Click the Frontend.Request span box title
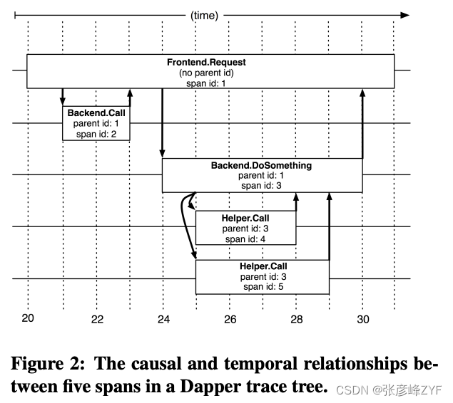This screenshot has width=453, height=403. pos(211,63)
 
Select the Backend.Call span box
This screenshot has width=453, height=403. pos(96,123)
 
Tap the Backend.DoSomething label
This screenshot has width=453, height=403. pos(261,166)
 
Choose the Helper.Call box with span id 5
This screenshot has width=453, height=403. pos(263,277)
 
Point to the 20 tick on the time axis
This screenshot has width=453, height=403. pos(28,319)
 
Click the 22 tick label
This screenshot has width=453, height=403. pos(96,319)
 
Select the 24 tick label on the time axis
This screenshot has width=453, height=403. pos(163,319)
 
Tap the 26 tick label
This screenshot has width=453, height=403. pos(230,319)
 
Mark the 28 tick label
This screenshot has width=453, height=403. pos(297,319)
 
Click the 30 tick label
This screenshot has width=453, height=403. pos(363,319)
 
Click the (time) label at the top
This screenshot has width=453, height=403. pos(204,14)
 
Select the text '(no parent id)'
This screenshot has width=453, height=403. pos(211,73)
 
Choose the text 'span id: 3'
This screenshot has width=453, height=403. pos(261,185)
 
